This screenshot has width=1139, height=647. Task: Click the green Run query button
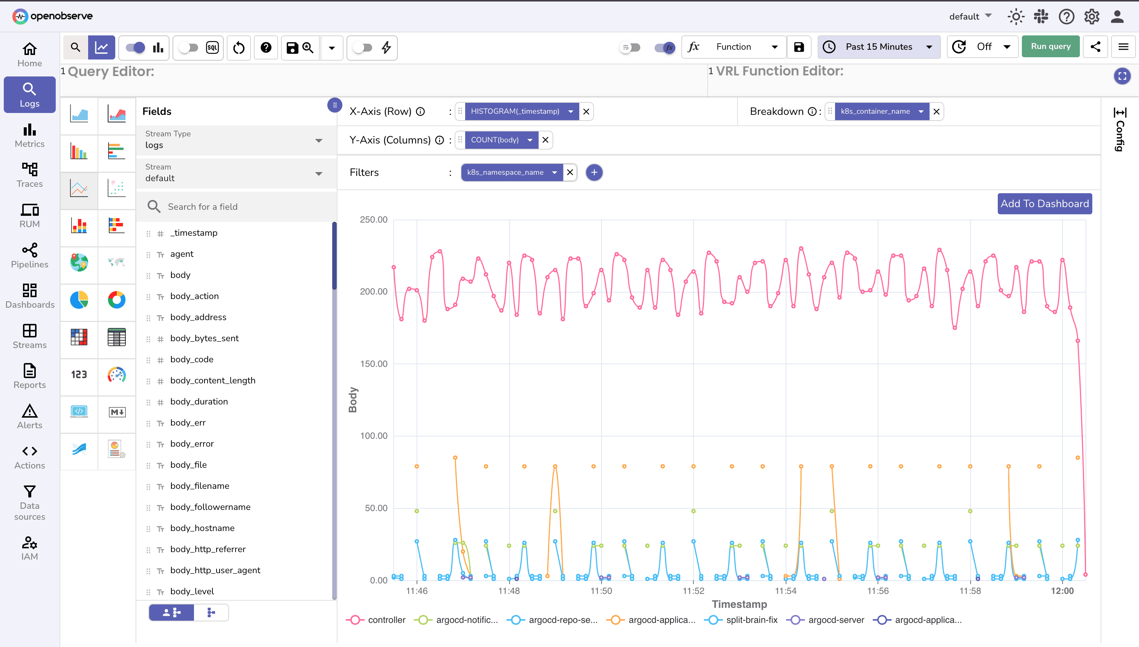click(1050, 47)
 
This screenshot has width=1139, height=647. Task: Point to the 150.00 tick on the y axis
click(373, 364)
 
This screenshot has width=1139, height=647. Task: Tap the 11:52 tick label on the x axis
click(693, 591)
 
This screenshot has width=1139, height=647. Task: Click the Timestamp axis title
click(739, 604)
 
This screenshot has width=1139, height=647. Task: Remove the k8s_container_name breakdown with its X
click(936, 111)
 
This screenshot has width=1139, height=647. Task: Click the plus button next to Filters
click(594, 172)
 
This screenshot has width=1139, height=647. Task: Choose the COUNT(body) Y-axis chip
click(495, 140)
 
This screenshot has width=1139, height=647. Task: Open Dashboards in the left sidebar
click(30, 296)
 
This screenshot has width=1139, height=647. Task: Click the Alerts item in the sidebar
click(30, 417)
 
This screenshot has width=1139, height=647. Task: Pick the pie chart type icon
click(79, 300)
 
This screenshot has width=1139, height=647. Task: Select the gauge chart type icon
click(116, 375)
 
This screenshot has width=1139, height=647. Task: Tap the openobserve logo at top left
click(52, 16)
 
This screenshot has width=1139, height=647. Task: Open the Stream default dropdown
click(235, 173)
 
